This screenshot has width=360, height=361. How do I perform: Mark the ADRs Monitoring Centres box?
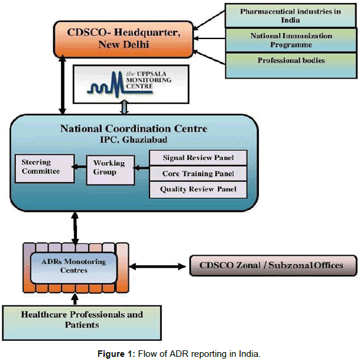[x=75, y=265]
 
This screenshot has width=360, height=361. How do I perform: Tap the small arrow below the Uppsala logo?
[x=124, y=107]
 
